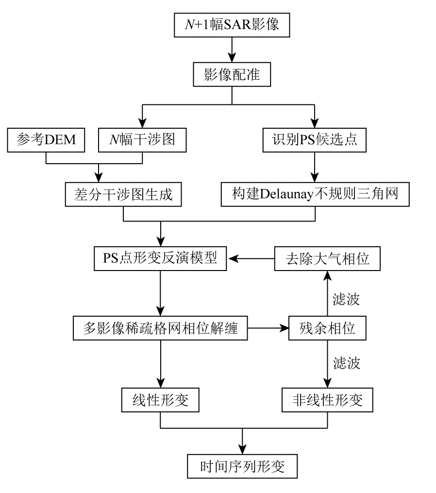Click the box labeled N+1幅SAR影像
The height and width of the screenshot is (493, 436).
tap(232, 25)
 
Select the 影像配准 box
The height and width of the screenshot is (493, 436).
tap(232, 76)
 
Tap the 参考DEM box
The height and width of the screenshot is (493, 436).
tap(46, 140)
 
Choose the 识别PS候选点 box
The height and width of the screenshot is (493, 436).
tap(315, 140)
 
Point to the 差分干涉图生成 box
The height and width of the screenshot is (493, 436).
tap(124, 196)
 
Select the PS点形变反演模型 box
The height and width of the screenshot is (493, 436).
tap(160, 258)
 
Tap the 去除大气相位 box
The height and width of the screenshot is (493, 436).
tap(328, 258)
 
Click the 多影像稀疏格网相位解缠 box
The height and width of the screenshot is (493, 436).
tap(160, 329)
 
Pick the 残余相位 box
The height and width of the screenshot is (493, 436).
tap(328, 329)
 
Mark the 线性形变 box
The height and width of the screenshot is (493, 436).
tap(160, 400)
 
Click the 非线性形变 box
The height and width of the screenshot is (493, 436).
tap(328, 400)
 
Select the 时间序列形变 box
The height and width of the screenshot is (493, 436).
tap(242, 467)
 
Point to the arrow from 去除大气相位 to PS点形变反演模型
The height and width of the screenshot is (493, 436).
tap(252, 258)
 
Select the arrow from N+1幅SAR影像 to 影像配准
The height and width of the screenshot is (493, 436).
tap(232, 49)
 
